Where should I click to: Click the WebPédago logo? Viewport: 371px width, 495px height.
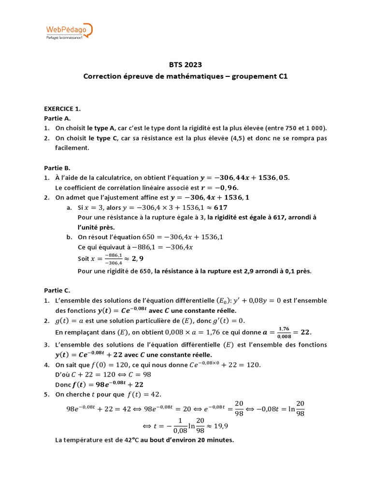pos(68,32)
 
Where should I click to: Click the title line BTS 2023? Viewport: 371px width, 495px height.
pos(185,65)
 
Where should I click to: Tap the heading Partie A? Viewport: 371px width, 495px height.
pos(57,118)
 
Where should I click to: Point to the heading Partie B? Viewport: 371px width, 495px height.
pos(57,168)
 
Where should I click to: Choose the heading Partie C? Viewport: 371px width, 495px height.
pos(57,291)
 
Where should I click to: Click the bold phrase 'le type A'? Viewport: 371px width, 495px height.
pos(101,128)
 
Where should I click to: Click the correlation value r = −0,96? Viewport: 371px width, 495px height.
pos(223,188)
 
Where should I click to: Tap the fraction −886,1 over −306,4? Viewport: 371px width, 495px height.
pos(102,259)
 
